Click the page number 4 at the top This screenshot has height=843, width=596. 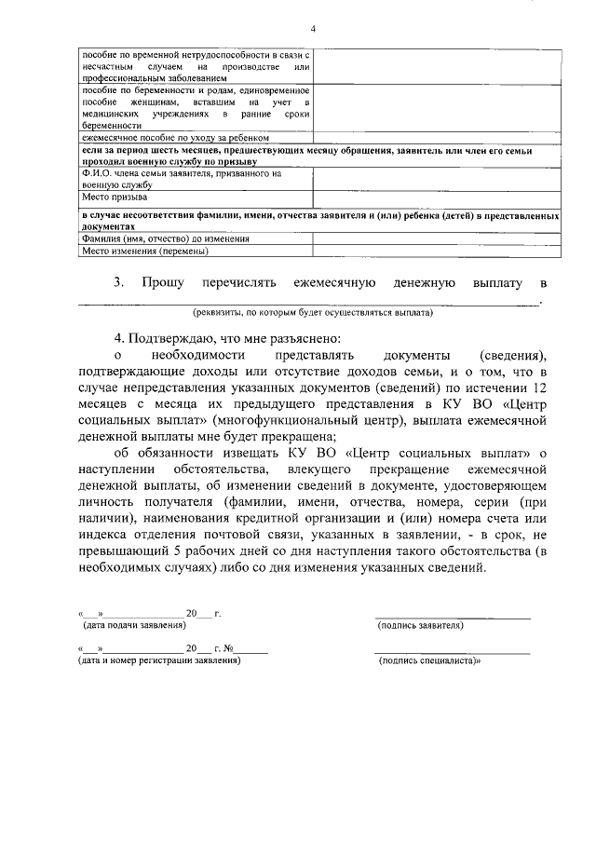click(x=313, y=28)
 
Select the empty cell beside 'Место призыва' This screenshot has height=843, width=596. click(x=436, y=197)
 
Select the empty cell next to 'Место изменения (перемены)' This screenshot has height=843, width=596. click(x=436, y=251)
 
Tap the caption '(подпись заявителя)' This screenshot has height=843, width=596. click(x=421, y=625)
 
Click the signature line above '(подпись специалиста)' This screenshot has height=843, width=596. click(x=453, y=652)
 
